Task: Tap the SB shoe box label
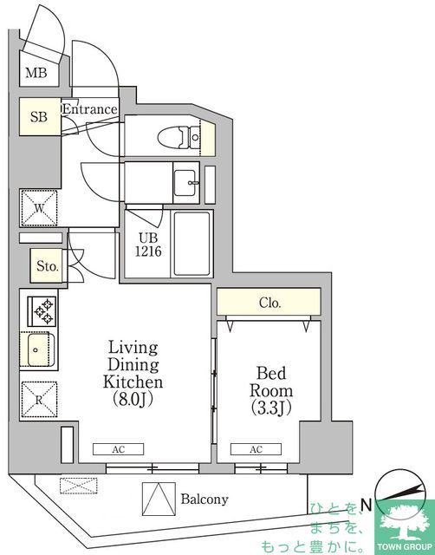coord(39,117)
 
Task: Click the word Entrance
coord(89,109)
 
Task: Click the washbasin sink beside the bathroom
coord(187,183)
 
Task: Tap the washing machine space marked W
coord(39,208)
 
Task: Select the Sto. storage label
coord(48,266)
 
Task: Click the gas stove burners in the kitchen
coord(40,310)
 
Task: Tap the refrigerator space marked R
coord(39,399)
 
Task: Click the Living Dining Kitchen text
coord(133,373)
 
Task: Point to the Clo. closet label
coord(269,304)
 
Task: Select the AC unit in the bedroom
coord(256,449)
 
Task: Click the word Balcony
coord(205,499)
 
